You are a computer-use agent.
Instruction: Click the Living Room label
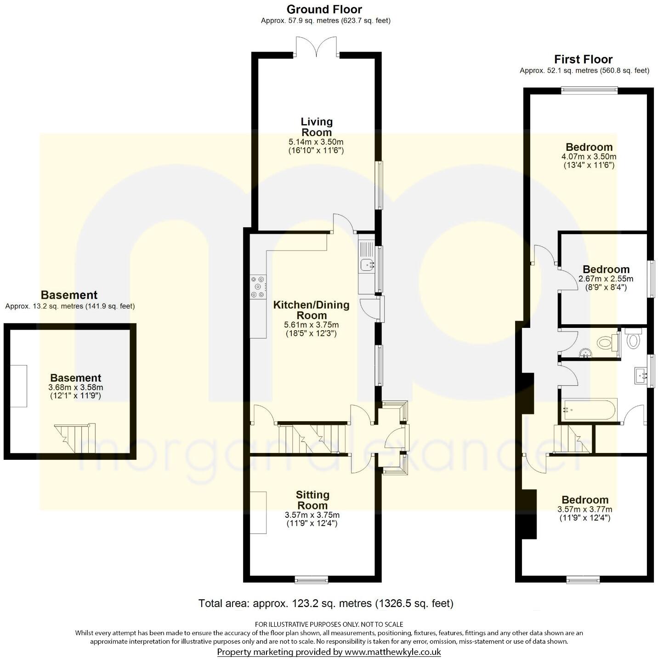[316, 127]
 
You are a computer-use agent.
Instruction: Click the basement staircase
[75, 438]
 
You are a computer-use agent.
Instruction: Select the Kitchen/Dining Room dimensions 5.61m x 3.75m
[311, 325]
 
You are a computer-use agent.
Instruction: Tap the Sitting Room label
[312, 500]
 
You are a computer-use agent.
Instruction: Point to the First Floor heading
[583, 59]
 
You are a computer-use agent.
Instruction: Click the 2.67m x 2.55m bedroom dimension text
[606, 279]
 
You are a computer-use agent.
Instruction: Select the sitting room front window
[311, 579]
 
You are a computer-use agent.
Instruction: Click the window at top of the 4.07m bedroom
[589, 91]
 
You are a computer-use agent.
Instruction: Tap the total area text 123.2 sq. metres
[326, 603]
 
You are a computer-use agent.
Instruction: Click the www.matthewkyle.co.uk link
[393, 652]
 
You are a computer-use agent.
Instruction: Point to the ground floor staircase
[312, 438]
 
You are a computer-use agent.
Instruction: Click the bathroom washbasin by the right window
[641, 375]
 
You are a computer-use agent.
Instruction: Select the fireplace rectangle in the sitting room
[258, 512]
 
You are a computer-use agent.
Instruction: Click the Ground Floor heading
[324, 9]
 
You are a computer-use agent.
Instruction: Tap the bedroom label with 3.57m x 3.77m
[584, 500]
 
